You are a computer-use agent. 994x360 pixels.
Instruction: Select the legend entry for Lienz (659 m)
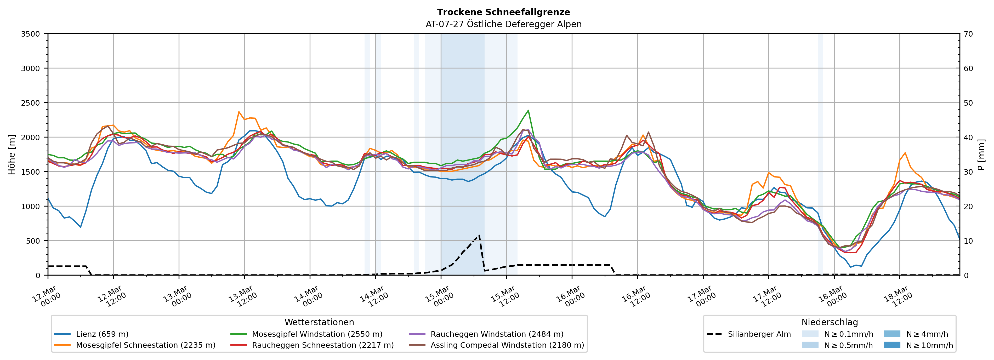point(102,334)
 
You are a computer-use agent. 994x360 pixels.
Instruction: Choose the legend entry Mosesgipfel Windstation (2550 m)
point(317,334)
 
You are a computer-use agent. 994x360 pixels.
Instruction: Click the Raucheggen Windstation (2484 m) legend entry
point(497,334)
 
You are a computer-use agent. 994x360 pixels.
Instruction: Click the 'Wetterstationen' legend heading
point(319,322)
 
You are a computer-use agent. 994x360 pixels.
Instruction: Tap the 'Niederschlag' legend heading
point(830,322)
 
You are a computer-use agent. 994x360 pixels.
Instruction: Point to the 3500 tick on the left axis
point(31,34)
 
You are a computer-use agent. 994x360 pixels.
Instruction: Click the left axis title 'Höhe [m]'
point(12,154)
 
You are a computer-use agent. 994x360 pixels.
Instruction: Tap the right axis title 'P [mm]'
point(981,154)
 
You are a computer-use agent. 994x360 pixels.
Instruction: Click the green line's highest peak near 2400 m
point(528,110)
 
